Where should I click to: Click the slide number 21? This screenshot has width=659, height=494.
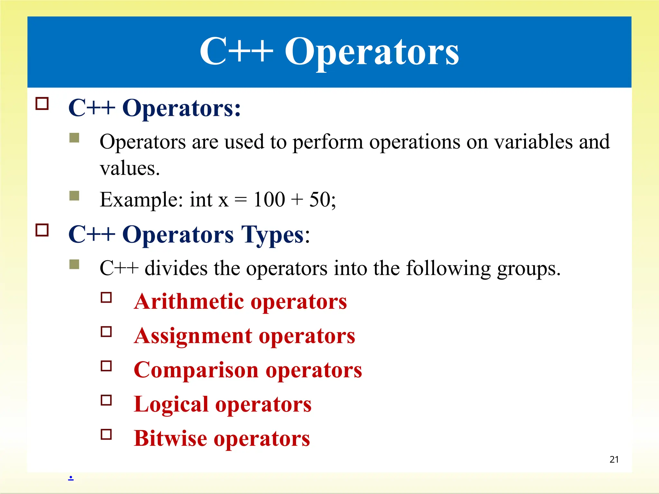pos(614,459)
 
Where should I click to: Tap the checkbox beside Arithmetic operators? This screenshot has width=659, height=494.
pos(106,297)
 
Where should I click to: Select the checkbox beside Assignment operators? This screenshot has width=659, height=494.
pos(106,332)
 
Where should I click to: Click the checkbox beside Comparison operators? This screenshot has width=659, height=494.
pos(106,366)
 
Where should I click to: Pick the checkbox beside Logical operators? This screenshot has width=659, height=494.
pos(106,400)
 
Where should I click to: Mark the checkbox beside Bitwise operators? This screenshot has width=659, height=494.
pos(106,434)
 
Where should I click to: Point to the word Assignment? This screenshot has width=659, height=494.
pos(193,336)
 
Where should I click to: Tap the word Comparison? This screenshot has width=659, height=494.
pos(196,370)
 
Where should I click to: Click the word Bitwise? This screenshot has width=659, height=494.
pos(171,438)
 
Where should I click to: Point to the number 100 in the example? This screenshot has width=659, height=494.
pos(269,199)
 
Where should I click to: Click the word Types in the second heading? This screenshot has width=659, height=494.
pos(272,235)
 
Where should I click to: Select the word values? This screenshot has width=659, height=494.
pos(130,168)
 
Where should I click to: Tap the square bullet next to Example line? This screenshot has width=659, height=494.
pos(74,196)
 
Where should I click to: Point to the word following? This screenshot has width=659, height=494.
pos(448,268)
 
